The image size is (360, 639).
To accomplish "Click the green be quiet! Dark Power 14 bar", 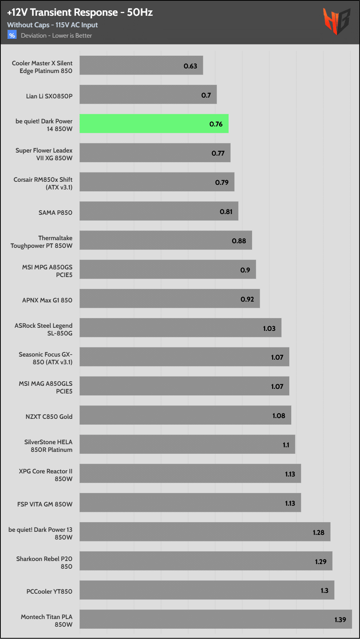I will [154, 123].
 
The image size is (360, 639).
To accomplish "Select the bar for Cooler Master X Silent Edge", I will [141, 65].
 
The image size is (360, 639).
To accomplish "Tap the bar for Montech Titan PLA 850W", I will [216, 619].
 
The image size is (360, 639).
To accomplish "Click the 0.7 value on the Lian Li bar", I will [206, 95].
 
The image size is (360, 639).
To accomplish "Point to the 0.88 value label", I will [239, 241].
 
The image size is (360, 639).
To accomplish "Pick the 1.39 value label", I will [340, 619].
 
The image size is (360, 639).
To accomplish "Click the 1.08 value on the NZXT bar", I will [279, 416].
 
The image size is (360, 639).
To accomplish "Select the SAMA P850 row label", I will [55, 212].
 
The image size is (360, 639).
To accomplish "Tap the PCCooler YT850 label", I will [49, 591].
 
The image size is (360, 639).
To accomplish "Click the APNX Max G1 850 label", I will [47, 300].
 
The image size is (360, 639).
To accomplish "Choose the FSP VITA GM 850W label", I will [45, 504].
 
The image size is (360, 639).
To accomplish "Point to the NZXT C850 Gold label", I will [49, 417].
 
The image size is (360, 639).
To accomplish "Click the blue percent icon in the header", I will [12, 35].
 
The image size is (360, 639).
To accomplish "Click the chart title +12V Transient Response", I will [80, 12].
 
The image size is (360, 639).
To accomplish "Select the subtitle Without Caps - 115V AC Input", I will [52, 25].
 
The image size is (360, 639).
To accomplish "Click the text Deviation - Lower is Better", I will [56, 36].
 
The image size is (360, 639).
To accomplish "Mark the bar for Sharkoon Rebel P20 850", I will [206, 561].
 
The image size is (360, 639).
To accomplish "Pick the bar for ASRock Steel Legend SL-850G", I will [180, 328].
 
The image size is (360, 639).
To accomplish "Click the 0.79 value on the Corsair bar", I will [222, 183].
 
